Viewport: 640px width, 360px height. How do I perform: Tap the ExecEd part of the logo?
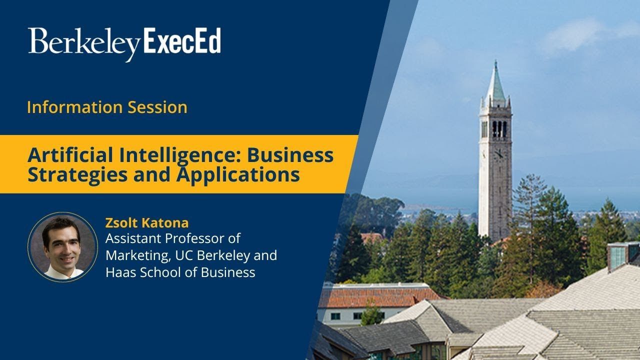(182, 40)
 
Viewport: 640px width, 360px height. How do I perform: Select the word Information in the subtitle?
(75, 107)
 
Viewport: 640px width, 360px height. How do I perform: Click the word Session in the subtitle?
(157, 107)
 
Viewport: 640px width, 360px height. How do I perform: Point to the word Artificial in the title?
(70, 155)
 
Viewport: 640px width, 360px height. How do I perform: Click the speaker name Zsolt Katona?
(147, 223)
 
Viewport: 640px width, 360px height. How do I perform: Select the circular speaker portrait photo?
(63, 247)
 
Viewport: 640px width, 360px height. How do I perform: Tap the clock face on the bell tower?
(499, 154)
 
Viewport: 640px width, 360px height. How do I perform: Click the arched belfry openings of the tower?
(499, 129)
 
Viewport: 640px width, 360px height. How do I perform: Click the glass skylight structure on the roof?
(623, 255)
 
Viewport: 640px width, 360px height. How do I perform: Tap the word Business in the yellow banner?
(290, 155)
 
